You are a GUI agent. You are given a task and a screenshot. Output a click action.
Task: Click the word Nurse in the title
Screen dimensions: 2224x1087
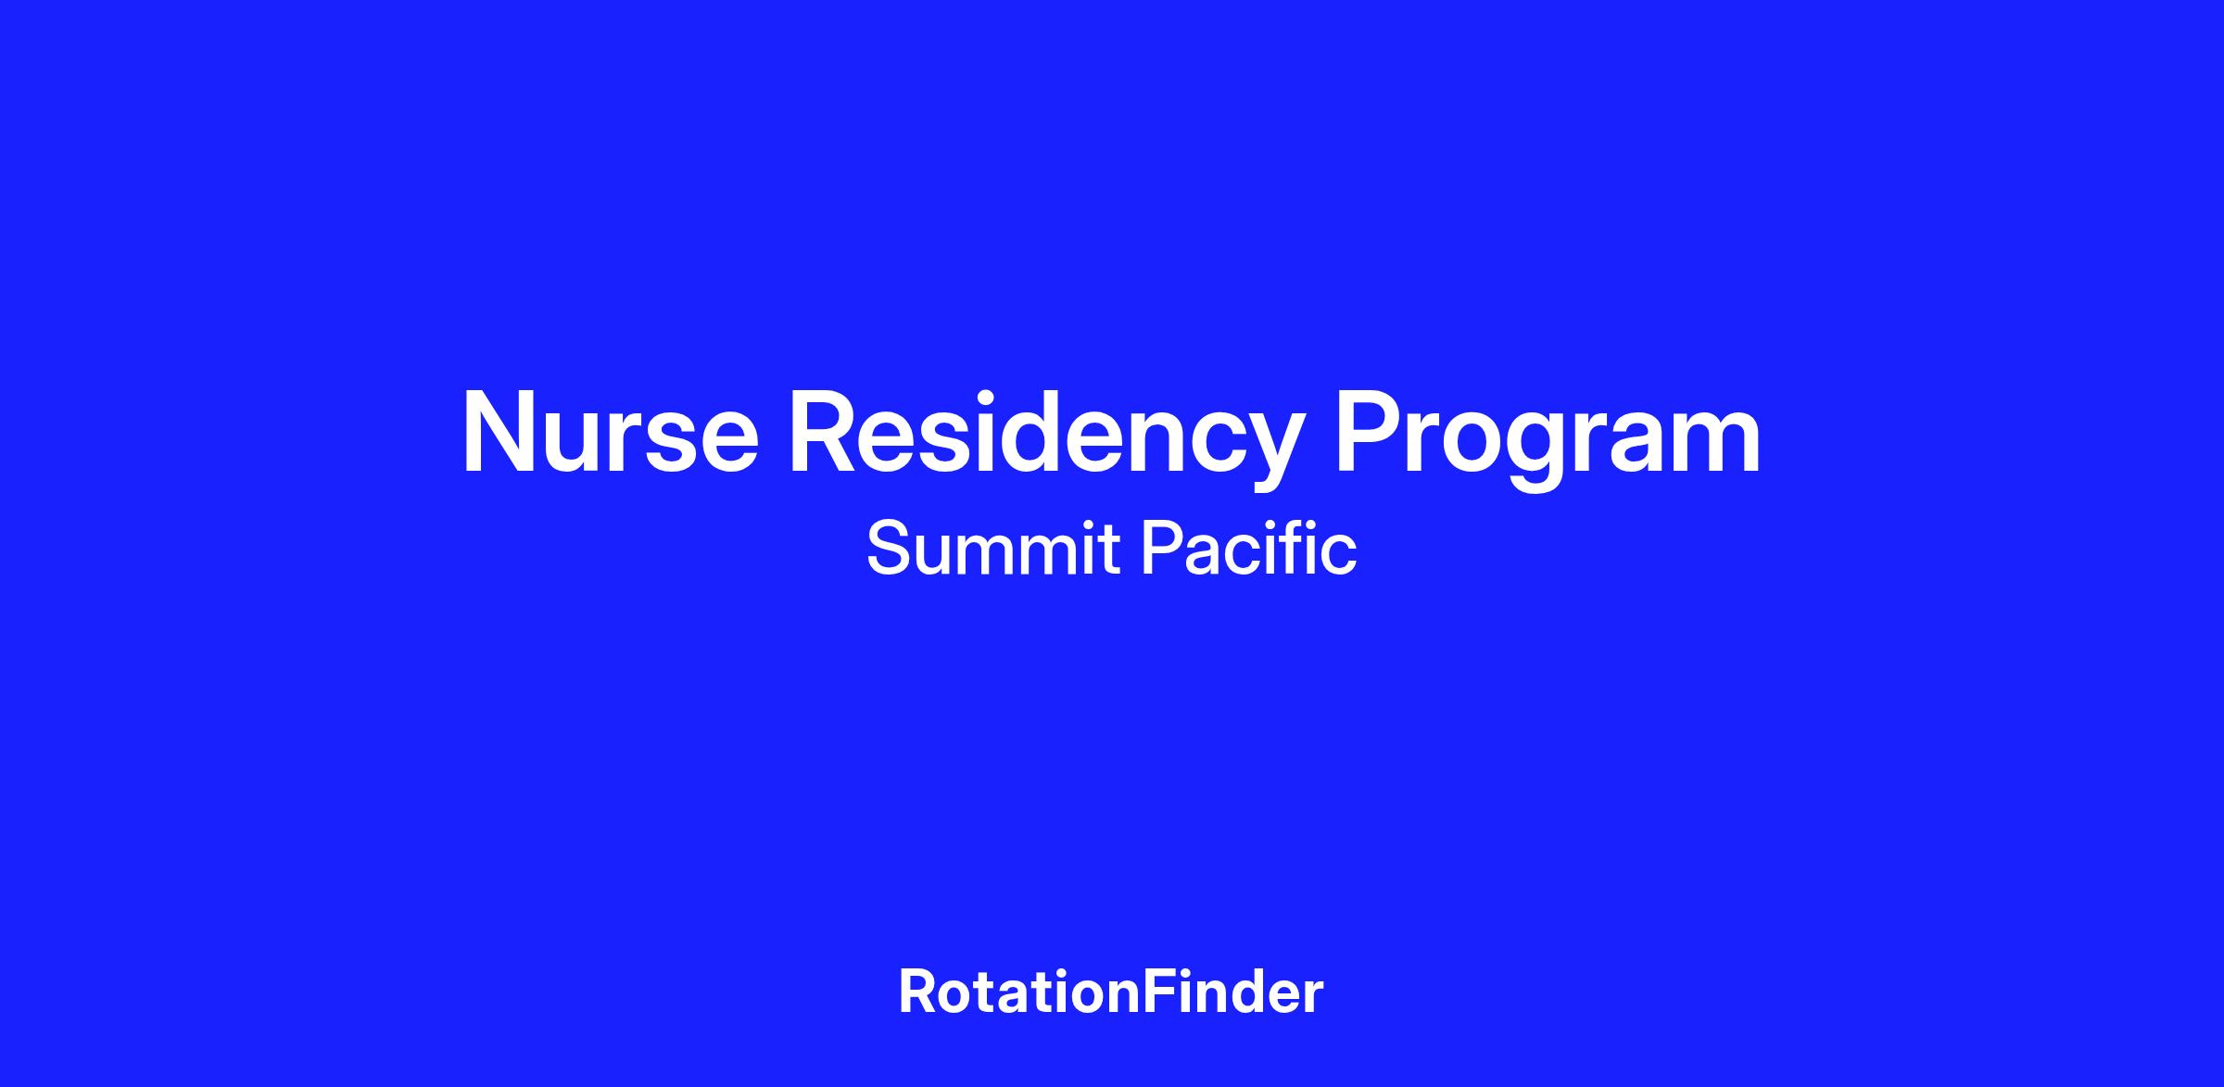611,433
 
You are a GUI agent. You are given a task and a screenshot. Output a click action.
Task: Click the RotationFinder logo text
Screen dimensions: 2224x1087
1111,992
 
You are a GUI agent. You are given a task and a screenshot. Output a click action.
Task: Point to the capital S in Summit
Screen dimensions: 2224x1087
889,549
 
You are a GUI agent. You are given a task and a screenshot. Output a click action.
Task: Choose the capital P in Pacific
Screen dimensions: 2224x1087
1161,549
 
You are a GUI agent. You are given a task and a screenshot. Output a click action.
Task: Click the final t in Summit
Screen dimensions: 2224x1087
1109,551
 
